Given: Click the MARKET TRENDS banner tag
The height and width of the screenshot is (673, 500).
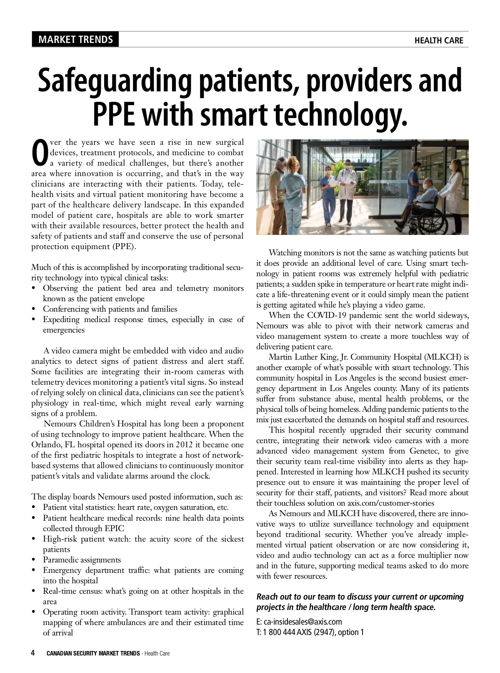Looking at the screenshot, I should pos(75,40).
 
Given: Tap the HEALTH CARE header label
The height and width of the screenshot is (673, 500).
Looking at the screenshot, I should pos(438,40).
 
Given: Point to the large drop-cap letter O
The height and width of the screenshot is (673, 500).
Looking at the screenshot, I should pos(40,153).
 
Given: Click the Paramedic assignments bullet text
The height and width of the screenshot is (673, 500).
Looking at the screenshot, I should pos(82,560).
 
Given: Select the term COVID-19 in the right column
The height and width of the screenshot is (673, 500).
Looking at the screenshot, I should pos(325,315).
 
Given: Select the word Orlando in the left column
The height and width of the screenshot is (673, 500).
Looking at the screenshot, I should pos(45,445).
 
